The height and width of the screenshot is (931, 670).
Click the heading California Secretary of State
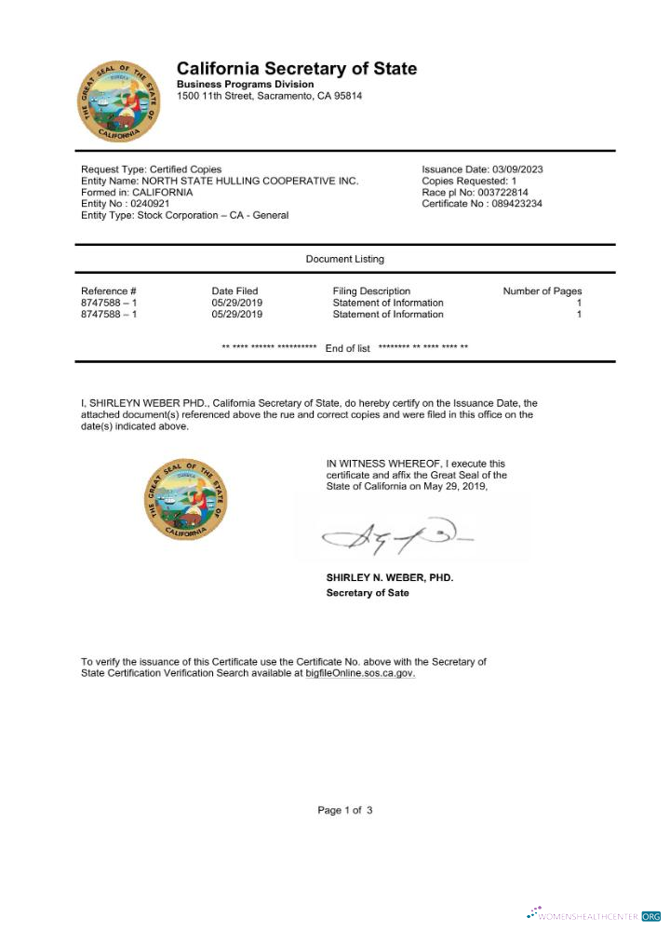pos(297,69)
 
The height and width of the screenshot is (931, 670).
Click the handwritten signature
pos(395,534)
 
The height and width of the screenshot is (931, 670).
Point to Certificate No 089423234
pos(482,203)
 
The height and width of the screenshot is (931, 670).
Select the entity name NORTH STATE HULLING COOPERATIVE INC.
pos(220,181)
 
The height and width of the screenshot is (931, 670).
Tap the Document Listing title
pos(344,259)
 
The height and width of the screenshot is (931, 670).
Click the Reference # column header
pos(109,291)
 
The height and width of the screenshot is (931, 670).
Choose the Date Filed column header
pos(234,291)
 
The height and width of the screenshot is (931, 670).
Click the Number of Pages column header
pos(542,291)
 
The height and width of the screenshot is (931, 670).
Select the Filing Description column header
pos(371,291)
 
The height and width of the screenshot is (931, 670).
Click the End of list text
pos(347,348)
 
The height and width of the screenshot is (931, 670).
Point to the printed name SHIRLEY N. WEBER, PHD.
pos(390,578)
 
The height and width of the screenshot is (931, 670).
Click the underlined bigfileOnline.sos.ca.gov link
pos(360,672)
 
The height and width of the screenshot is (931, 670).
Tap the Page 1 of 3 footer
pos(344,810)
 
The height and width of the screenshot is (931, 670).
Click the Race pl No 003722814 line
pos(475,192)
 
